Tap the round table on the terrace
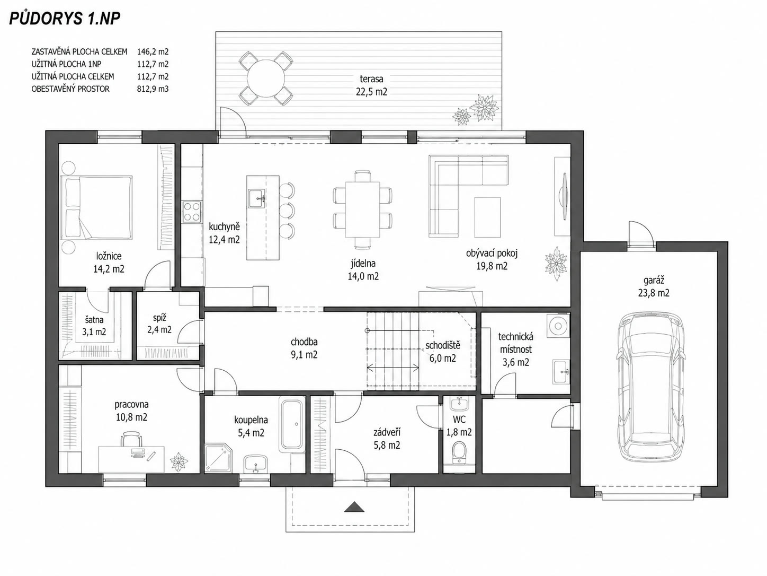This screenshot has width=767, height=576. (x=266, y=79)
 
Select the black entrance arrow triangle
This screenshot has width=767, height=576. (x=354, y=507)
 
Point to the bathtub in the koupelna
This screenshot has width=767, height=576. (x=292, y=424)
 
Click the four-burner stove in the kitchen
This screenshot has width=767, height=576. (x=192, y=212)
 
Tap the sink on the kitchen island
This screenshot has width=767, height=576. (x=257, y=199)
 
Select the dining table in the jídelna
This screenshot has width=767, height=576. (x=362, y=210)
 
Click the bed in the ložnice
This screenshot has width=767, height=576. (x=96, y=207)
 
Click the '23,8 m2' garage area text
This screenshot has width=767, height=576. (x=654, y=293)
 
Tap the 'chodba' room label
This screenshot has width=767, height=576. (x=304, y=342)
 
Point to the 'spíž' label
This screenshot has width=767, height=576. (x=159, y=318)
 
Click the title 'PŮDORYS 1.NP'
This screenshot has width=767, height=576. (x=65, y=19)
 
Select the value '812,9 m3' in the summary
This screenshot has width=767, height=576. (x=153, y=89)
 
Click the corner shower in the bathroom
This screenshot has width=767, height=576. (x=217, y=458)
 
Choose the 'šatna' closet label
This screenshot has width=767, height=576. (x=94, y=320)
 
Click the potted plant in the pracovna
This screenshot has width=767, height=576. (x=179, y=462)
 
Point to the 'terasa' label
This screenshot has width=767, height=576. (x=371, y=79)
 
